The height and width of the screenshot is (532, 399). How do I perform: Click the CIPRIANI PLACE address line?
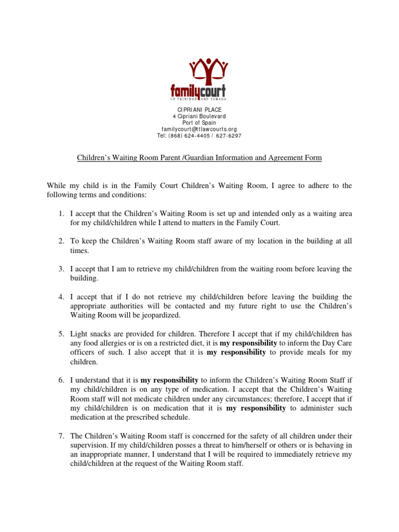click(x=199, y=108)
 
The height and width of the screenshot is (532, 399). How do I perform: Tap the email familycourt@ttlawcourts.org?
click(x=199, y=129)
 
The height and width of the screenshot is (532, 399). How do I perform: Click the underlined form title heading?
click(x=199, y=157)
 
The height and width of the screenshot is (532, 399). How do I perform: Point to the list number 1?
click(x=60, y=214)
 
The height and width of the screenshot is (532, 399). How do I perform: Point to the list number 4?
click(x=60, y=297)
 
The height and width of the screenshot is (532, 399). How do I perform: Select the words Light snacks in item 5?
click(x=89, y=334)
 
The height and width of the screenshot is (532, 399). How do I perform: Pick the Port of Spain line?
click(x=199, y=122)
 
